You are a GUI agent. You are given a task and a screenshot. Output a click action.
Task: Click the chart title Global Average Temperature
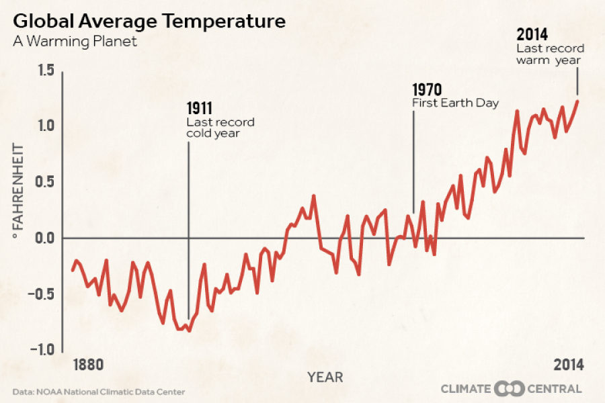(x=149, y=21)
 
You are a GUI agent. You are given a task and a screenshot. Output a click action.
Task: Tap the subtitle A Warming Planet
(x=75, y=42)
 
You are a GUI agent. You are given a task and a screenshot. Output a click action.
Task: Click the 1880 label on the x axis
(x=89, y=365)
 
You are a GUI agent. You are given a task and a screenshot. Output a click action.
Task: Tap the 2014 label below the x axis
(x=568, y=365)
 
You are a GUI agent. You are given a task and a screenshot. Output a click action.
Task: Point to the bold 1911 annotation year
(x=200, y=109)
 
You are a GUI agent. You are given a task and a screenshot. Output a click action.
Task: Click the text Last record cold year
(x=220, y=128)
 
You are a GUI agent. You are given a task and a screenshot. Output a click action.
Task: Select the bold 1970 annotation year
(x=427, y=90)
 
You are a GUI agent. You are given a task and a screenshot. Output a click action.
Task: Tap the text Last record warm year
(x=550, y=54)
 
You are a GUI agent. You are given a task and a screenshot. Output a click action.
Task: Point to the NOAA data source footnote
(x=98, y=392)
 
